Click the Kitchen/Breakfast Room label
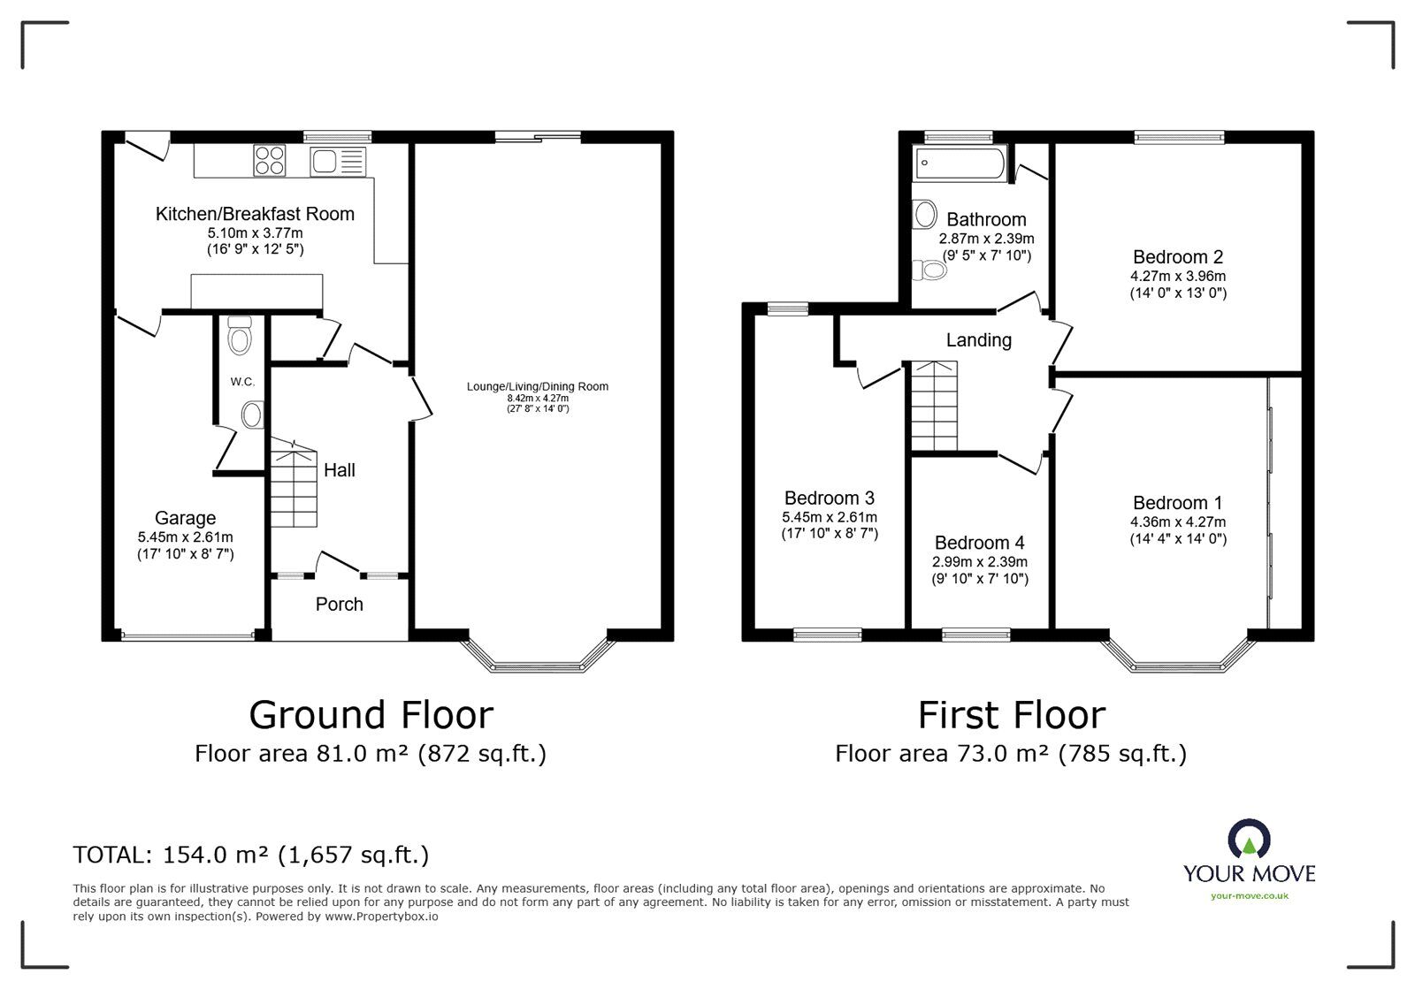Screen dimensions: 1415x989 [x=255, y=214]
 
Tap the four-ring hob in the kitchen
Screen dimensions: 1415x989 [x=269, y=160]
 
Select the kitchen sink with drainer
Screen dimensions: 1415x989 [x=338, y=162]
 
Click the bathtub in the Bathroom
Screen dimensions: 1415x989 [x=960, y=164]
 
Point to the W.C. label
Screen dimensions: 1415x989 [x=242, y=382]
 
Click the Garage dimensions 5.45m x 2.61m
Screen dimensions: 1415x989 [x=185, y=537]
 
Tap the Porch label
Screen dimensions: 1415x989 [x=340, y=604]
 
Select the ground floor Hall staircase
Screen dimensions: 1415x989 [x=294, y=483]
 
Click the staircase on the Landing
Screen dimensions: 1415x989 [x=934, y=406]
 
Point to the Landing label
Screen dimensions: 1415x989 [x=978, y=340]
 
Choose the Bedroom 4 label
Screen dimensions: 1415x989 [x=980, y=543]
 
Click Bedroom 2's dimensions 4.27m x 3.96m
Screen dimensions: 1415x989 [x=1178, y=276]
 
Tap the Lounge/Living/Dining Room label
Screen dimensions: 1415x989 [x=538, y=386]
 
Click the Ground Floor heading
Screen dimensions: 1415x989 [x=371, y=715]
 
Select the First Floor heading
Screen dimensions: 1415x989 [x=1012, y=715]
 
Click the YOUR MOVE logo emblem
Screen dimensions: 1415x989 [x=1249, y=839]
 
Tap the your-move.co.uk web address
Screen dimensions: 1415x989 [x=1250, y=895]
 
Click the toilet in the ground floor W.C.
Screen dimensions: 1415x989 [x=240, y=335]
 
